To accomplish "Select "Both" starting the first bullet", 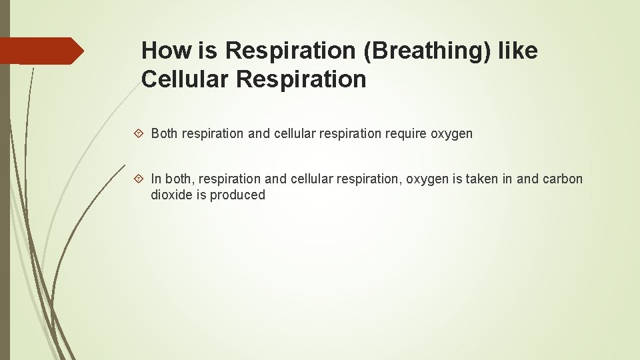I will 164,134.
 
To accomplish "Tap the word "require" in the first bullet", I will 404,134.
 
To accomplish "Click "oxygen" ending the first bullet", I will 451,134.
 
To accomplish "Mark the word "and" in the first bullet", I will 258,134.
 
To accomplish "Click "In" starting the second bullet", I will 156,179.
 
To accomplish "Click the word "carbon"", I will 563,179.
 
